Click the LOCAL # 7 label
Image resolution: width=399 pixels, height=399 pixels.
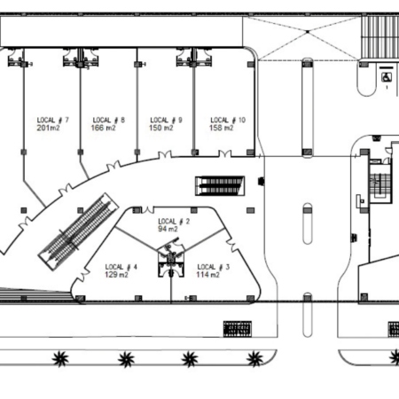52,120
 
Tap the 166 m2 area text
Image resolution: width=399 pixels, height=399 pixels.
103,128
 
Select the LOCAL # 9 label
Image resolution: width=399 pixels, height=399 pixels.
166,120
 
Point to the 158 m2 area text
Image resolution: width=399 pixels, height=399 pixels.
222,128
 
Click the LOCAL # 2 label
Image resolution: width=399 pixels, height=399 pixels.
174,222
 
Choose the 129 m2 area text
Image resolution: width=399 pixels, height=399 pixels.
116,275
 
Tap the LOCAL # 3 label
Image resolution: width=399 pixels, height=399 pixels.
213,267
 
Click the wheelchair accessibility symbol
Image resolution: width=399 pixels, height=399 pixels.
386,77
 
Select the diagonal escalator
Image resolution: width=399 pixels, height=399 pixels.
78,231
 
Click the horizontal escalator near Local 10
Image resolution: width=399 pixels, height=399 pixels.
220,185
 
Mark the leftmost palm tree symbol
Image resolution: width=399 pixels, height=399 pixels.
60,359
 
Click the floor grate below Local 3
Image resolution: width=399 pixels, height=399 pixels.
238,329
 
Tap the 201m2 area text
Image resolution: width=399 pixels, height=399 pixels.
48,128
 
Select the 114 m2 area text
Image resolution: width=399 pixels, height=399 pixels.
208,275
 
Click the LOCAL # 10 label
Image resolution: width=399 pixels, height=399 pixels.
228,120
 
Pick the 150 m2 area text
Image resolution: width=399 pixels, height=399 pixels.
161,128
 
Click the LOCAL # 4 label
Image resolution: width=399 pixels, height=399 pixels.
121,267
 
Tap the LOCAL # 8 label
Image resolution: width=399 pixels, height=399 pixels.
109,120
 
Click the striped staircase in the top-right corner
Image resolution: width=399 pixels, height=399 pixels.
380,37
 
